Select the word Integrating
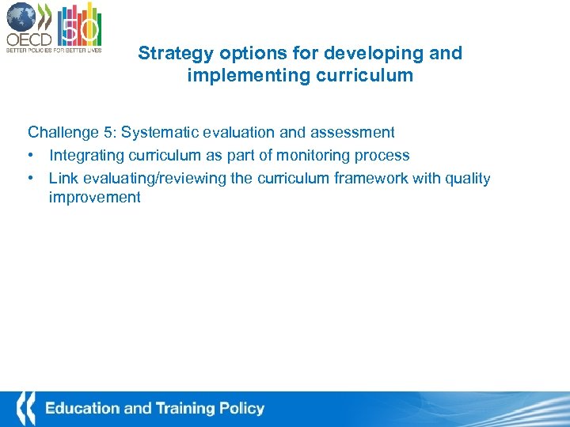tap(85, 155)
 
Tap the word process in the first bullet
tap(383, 156)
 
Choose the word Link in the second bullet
tap(63, 178)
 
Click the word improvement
tap(94, 198)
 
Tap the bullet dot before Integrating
tap(32, 156)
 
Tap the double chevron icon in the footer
tap(27, 409)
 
